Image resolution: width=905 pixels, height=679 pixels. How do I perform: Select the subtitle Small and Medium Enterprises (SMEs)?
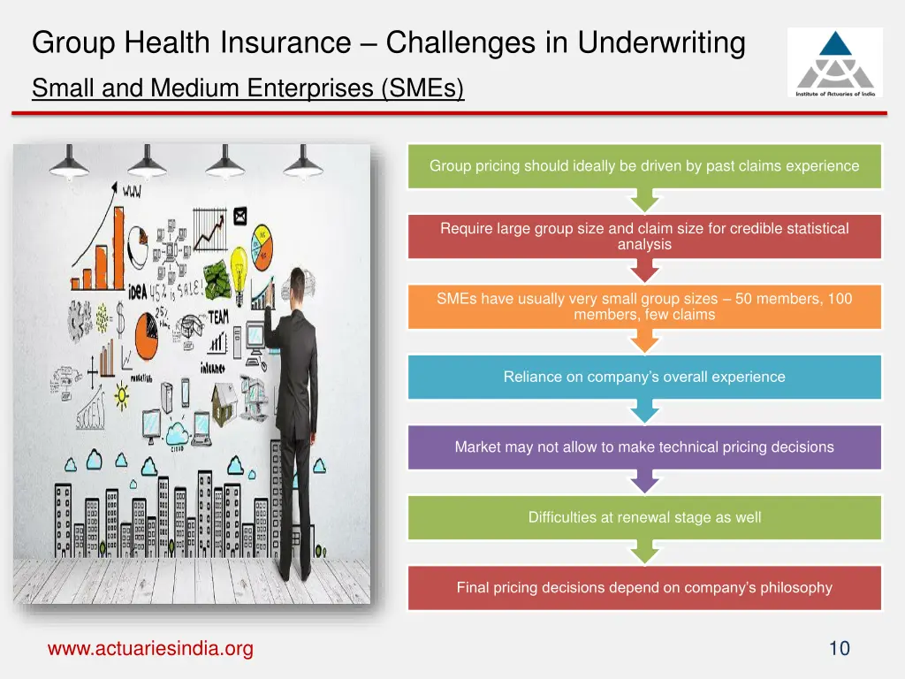coord(247,88)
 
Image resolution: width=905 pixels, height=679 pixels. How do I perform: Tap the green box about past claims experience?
coord(644,166)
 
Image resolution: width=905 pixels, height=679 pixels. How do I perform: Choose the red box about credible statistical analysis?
coord(644,236)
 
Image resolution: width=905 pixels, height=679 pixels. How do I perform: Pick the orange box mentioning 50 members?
coord(644,307)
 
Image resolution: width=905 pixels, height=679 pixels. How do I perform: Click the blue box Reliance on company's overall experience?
coord(644,377)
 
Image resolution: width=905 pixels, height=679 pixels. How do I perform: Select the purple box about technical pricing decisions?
coord(644,447)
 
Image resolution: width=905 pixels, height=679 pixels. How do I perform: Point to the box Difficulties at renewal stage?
coord(644,517)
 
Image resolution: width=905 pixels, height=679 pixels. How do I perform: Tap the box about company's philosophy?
coord(644,588)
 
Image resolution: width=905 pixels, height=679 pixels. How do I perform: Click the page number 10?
coord(839,649)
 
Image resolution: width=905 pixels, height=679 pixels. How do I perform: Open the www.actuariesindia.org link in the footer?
coord(150,649)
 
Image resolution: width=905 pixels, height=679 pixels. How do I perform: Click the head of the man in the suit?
coord(294,285)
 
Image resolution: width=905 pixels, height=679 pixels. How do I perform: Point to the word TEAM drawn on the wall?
coord(217,317)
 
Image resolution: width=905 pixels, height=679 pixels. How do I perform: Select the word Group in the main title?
coord(75,42)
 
